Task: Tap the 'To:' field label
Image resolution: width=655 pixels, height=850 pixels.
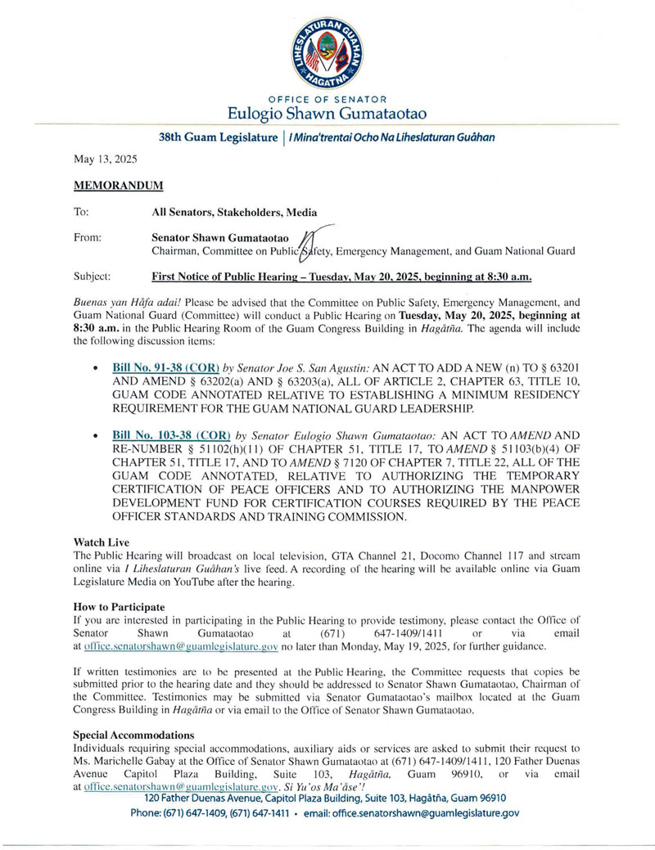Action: point(81,212)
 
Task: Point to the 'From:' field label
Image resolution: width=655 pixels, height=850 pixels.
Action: point(88,237)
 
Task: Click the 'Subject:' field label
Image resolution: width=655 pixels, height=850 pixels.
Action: point(92,277)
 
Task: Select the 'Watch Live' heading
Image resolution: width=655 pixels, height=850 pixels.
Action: point(101,542)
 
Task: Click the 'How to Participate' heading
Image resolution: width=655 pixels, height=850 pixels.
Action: point(119,607)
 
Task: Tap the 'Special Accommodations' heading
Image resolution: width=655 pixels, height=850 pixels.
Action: point(133,735)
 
